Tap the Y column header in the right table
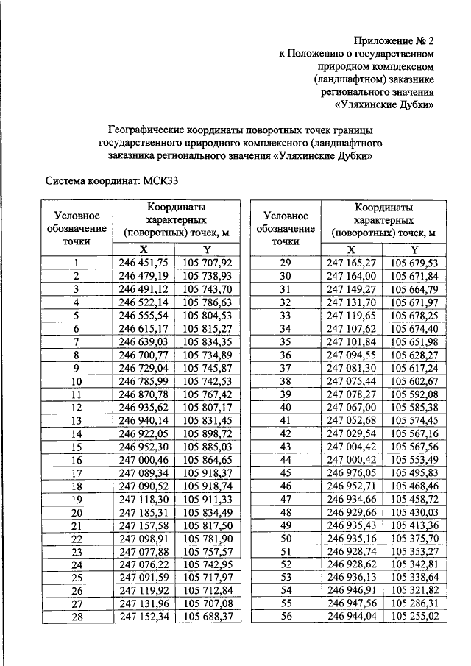pos(414,249)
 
